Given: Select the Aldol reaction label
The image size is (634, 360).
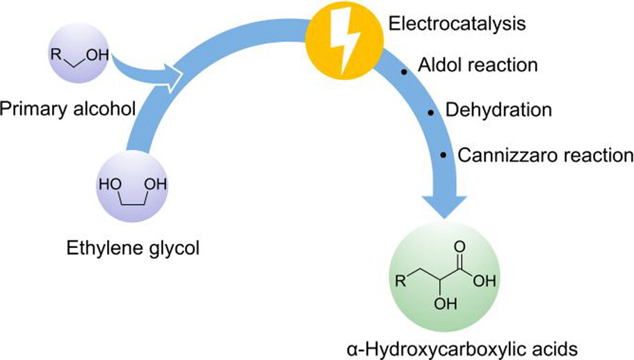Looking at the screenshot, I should (478, 65).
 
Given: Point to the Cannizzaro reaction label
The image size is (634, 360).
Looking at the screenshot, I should (545, 154).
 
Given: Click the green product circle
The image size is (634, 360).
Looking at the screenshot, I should (442, 275).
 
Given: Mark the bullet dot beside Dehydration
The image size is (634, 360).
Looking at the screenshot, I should (431, 112).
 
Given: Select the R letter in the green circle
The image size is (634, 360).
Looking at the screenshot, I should (399, 282).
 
